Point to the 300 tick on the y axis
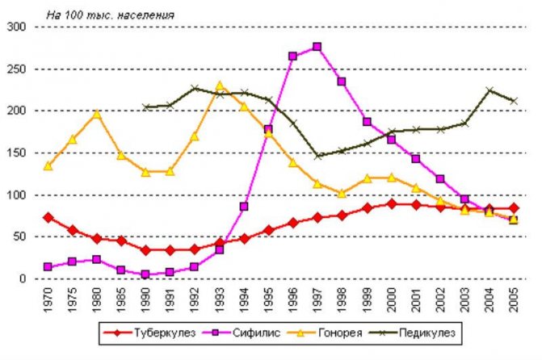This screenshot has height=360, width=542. tap(18, 27)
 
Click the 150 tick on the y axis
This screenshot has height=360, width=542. tap(18, 153)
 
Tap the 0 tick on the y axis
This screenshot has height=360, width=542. tap(24, 278)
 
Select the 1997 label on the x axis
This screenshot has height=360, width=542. tap(317, 300)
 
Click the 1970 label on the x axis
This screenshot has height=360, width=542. tap(48, 300)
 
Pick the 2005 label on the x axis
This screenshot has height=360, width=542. tap(514, 300)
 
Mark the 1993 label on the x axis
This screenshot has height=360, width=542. tap(219, 300)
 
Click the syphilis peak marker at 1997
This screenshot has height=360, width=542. tap(317, 47)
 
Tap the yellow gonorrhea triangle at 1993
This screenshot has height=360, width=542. tap(220, 86)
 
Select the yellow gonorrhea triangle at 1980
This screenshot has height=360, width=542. tap(97, 114)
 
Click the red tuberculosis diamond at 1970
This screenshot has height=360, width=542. tap(48, 217)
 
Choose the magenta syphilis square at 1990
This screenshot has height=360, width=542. tap(146, 274)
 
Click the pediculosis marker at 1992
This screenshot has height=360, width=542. tap(195, 89)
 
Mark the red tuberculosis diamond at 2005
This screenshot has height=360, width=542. tap(514, 208)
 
